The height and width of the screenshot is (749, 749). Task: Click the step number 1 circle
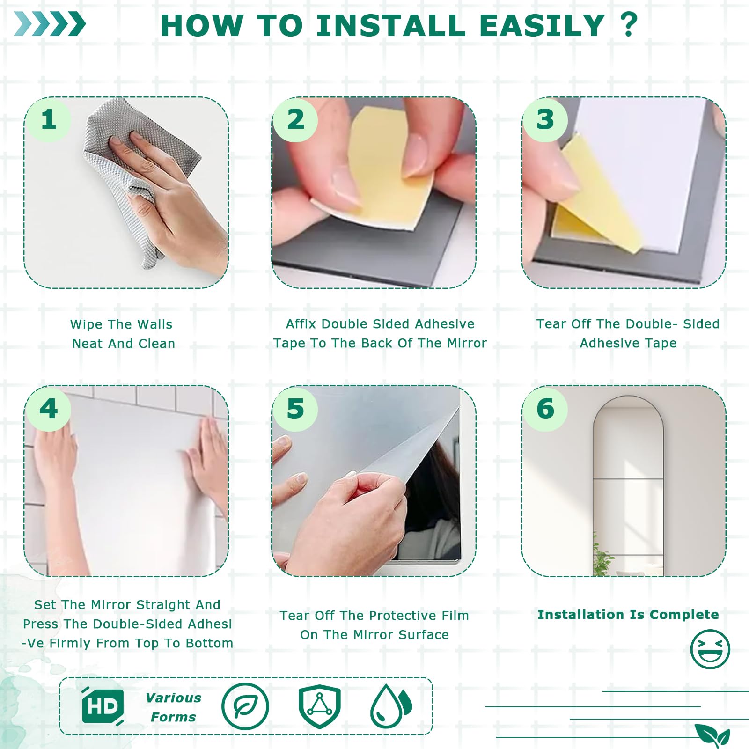pos(49,120)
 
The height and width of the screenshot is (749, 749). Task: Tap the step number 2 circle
pos(295,120)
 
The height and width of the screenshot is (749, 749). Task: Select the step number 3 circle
pos(545,120)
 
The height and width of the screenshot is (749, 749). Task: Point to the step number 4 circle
pos(49,409)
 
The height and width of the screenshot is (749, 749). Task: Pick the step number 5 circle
pos(295,409)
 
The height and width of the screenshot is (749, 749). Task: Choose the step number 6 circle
pos(545,409)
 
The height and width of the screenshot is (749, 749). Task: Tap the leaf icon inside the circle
pos(245,706)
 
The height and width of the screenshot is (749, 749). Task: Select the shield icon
pos(320,706)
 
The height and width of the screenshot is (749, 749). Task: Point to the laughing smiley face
pos(710,649)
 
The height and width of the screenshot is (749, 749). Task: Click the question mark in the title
pos(628,24)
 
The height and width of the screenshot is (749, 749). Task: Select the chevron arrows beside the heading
pos(50,24)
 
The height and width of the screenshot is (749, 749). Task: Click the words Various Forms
pos(174,707)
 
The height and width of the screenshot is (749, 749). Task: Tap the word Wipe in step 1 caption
pos(86,324)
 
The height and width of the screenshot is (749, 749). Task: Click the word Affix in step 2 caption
pos(301,324)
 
